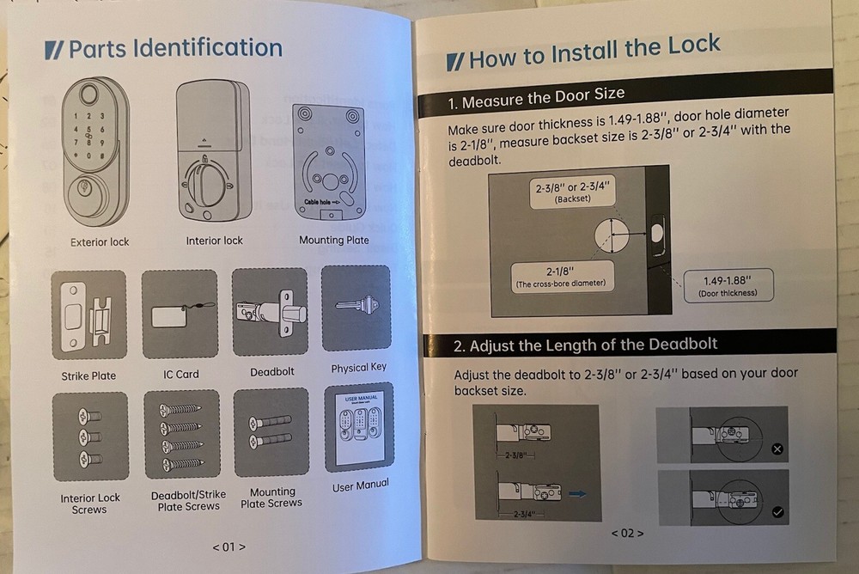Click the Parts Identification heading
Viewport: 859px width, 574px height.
pos(163,49)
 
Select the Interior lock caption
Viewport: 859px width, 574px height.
pos(215,241)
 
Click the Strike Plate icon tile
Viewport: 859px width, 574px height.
pos(88,315)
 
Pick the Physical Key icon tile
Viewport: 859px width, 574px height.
pos(356,308)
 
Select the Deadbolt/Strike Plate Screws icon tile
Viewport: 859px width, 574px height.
pos(181,434)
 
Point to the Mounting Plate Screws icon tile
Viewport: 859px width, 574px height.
pos(271,432)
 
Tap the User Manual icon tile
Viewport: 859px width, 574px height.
pos(359,427)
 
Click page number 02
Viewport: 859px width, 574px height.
pos(627,533)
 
